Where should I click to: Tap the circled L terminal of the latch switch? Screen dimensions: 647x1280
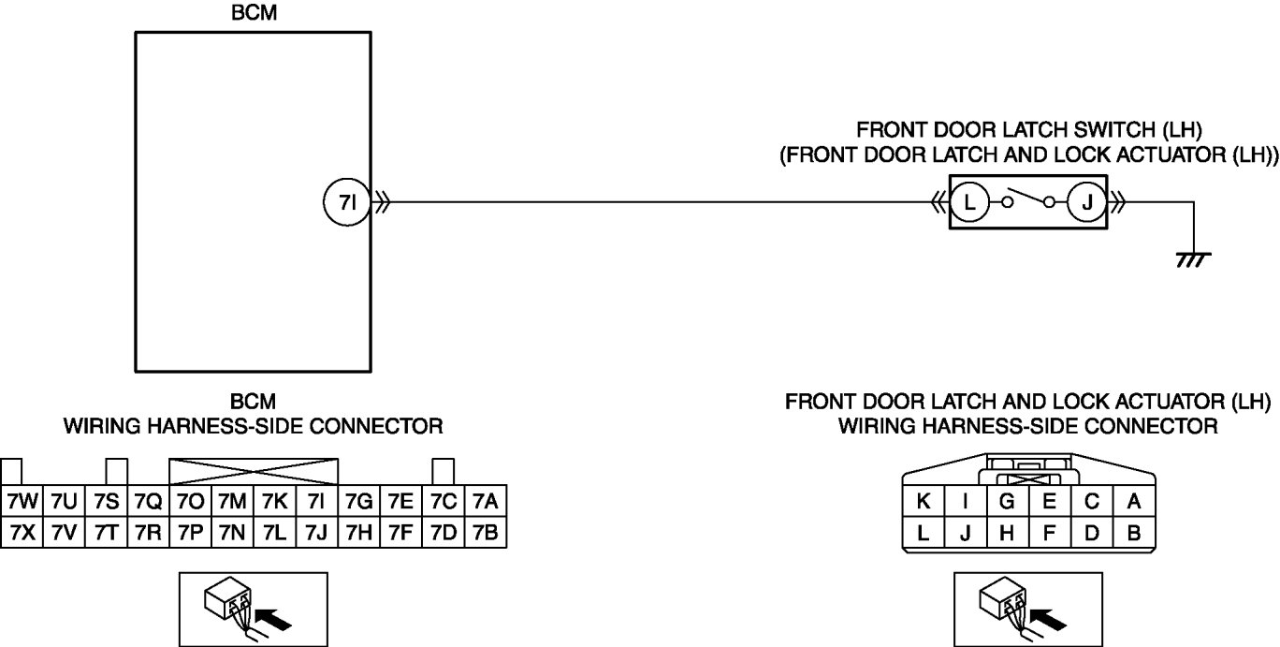click(x=970, y=201)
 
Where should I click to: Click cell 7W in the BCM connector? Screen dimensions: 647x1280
click(x=21, y=502)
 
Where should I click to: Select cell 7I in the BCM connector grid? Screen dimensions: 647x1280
click(x=316, y=502)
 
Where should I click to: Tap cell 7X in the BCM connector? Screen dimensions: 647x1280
click(x=21, y=532)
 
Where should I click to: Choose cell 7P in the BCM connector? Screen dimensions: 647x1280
click(x=189, y=532)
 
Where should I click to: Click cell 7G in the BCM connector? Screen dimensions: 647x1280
click(x=358, y=502)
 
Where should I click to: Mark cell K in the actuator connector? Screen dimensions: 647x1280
click(x=924, y=502)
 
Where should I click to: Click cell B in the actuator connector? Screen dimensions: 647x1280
click(x=1134, y=534)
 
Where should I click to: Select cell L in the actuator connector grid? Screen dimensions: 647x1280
click(x=924, y=534)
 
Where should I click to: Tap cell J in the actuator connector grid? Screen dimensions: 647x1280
click(x=966, y=534)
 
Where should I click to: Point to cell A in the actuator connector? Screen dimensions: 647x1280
click(x=1134, y=502)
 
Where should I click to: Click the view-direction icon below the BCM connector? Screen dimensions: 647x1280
click(x=253, y=608)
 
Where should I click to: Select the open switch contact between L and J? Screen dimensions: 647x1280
click(x=1028, y=199)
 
